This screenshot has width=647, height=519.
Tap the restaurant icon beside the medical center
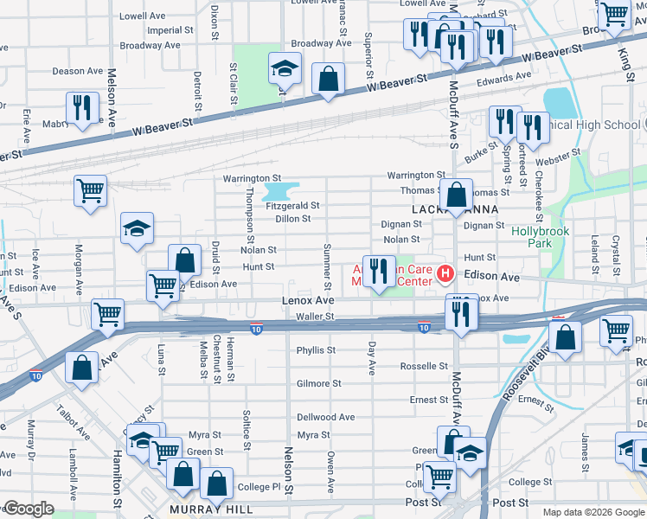[x=378, y=271]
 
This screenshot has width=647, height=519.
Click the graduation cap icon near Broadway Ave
[x=284, y=68]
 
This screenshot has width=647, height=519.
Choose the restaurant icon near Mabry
[x=83, y=107]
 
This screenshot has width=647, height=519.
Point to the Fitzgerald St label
[x=293, y=206]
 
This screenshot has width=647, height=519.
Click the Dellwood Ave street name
[x=326, y=417]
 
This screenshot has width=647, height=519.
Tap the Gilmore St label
[x=318, y=383]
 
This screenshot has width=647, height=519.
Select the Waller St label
[x=315, y=317]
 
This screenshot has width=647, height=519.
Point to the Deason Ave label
[x=78, y=71]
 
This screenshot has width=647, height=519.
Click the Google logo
[x=28, y=509]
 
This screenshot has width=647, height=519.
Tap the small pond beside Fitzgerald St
[x=279, y=190]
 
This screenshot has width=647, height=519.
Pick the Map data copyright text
[x=593, y=512]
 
